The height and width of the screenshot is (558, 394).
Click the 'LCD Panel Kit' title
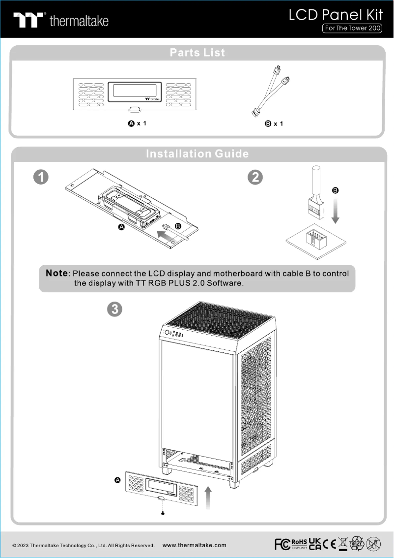336,14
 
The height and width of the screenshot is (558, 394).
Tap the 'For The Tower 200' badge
352,29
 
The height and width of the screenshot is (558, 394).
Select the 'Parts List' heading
197,53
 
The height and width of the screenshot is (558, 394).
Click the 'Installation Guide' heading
197,154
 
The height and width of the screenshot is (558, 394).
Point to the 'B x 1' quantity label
274,124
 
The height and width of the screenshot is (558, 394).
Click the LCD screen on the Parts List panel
135,90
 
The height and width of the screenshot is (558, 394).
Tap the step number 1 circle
41,177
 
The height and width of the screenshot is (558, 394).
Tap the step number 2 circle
255,177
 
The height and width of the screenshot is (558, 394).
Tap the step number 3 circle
114,309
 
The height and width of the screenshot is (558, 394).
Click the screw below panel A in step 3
163,513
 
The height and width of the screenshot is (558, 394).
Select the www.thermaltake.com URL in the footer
194,545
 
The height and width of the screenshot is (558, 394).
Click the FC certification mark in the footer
281,544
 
